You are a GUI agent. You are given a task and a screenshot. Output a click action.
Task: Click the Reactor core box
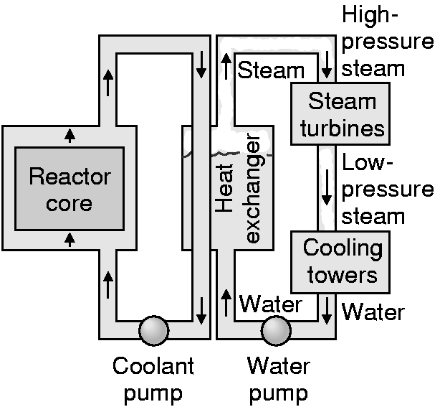(60, 188)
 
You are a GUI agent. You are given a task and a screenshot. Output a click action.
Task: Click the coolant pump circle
(153, 332)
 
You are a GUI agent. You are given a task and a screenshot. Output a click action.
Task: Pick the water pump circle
(276, 332)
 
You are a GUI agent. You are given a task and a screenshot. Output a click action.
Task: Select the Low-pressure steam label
(388, 189)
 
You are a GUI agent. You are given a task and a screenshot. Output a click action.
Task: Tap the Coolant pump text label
(153, 379)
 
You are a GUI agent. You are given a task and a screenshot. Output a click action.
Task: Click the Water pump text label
(278, 379)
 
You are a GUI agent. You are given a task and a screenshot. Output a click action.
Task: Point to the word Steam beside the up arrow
(271, 70)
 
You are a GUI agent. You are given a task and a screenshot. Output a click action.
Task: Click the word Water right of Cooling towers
(373, 312)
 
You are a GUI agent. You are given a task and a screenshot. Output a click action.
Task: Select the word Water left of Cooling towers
(270, 304)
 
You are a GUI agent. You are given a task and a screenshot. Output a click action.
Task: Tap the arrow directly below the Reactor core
(70, 240)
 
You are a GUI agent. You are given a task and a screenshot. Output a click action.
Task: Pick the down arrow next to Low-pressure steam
(327, 187)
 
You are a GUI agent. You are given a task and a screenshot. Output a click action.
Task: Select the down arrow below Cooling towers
(327, 309)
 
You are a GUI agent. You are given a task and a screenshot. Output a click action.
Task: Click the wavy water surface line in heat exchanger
(229, 153)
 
